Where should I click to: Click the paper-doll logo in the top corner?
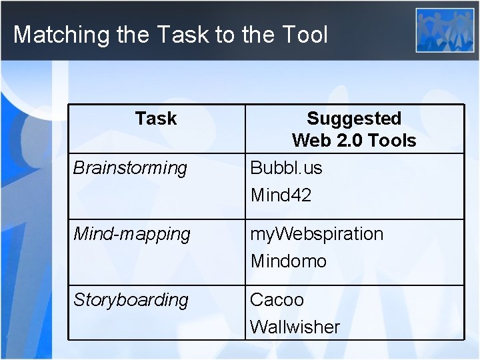coord(445,30)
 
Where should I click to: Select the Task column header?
coord(155,119)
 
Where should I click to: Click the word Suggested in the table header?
coord(354,119)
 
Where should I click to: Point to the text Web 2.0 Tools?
coord(354,141)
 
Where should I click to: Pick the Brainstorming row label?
coord(130,168)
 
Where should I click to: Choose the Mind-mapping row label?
coord(131,234)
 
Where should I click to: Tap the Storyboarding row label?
coord(131,300)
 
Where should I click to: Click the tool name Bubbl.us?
coord(286,168)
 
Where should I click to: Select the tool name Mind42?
coord(281,195)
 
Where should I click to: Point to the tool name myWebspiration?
coord(317,234)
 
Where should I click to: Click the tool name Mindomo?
coord(289,261)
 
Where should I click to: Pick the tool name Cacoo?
coord(277,300)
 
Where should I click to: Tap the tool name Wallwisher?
coord(295,327)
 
